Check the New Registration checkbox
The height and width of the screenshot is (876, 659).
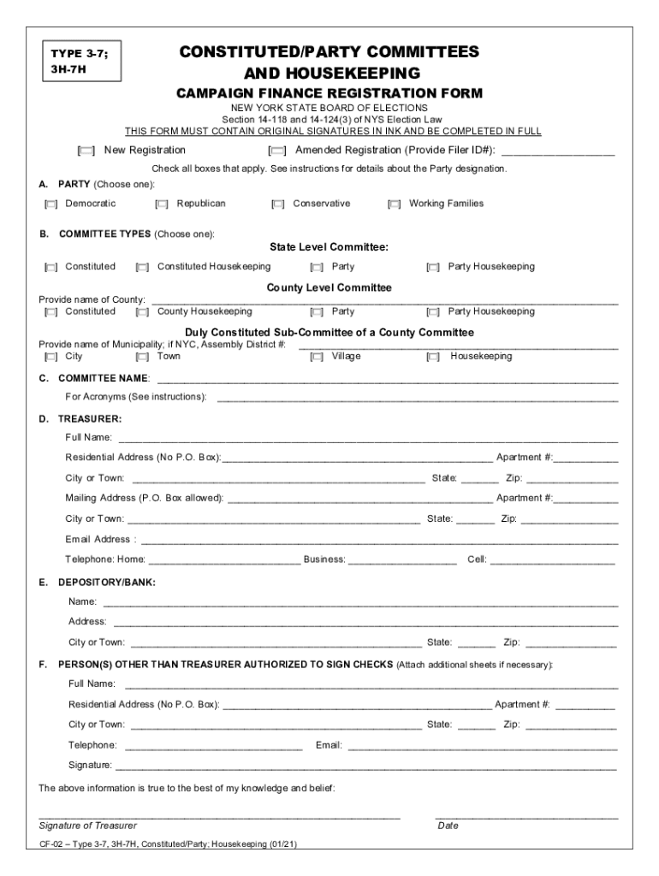(x=86, y=151)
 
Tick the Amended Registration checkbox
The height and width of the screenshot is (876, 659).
(x=278, y=151)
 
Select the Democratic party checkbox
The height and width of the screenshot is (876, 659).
(x=51, y=204)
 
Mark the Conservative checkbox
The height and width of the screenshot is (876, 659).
(x=278, y=204)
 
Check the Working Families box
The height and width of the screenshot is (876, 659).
(x=395, y=204)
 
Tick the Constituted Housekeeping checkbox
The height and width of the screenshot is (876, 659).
(x=143, y=268)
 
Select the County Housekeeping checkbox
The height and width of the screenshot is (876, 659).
(x=143, y=312)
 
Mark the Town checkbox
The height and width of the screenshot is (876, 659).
(x=143, y=357)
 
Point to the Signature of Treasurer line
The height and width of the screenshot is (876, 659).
(x=219, y=817)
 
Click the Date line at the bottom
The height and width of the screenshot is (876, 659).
(x=526, y=817)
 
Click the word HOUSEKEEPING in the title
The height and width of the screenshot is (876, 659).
(x=332, y=73)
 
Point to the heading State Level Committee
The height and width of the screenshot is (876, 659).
(x=329, y=247)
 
